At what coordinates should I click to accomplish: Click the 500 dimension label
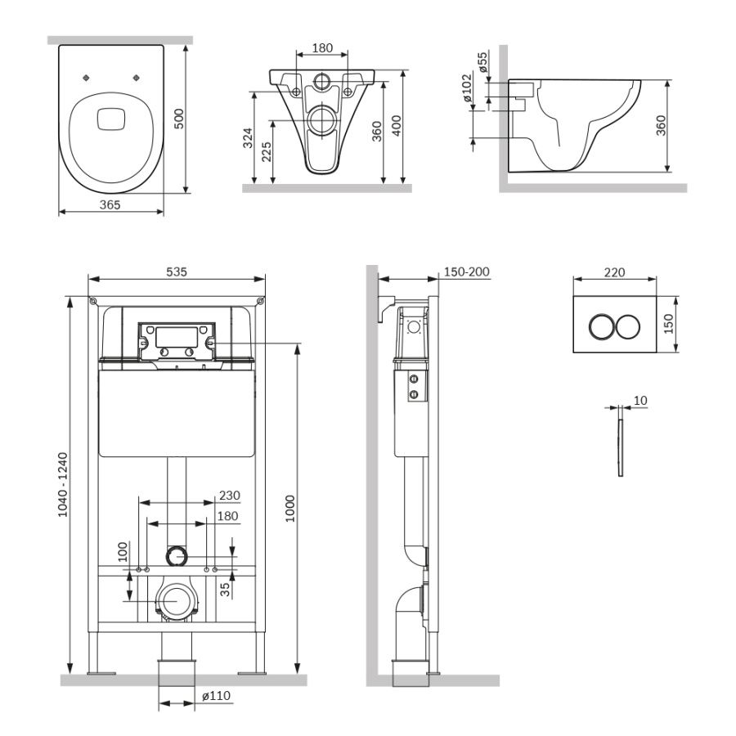point(180,119)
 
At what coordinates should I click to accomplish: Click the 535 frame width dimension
point(177,272)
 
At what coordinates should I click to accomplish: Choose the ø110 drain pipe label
point(216,696)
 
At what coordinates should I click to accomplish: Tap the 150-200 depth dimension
point(465,272)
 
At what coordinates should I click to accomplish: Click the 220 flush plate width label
point(614,272)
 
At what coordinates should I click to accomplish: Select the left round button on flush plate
point(603,325)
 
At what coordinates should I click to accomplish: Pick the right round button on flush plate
point(627,325)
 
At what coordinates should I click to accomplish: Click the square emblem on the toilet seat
point(111,119)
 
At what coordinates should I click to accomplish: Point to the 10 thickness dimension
point(640,400)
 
